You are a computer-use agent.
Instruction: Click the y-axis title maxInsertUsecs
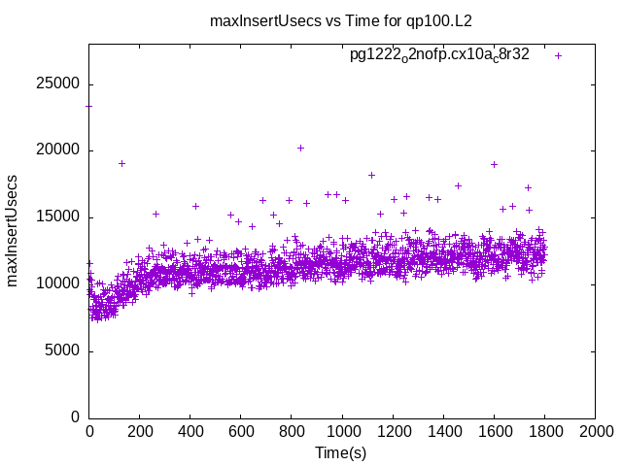(14, 230)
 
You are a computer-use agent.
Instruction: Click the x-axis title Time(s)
(341, 453)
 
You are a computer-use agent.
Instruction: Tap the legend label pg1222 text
(439, 55)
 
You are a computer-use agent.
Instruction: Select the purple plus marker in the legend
(558, 55)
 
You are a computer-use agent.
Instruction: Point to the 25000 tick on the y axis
(58, 83)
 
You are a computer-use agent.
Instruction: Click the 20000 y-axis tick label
(58, 150)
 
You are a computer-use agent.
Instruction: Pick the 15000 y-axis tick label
(58, 217)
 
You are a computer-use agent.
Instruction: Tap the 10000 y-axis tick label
(58, 283)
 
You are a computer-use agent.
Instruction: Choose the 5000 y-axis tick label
(62, 350)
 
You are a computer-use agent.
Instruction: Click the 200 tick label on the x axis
(140, 430)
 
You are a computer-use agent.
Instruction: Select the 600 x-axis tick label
(241, 430)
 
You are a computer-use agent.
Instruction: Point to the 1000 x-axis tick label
(342, 430)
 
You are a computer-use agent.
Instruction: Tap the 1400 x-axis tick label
(443, 430)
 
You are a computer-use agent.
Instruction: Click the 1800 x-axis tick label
(544, 430)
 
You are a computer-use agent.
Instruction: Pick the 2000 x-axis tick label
(595, 430)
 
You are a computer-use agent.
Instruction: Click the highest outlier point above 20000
(300, 148)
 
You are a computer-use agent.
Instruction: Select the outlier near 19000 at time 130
(121, 163)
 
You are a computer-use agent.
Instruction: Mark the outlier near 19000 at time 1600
(494, 164)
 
